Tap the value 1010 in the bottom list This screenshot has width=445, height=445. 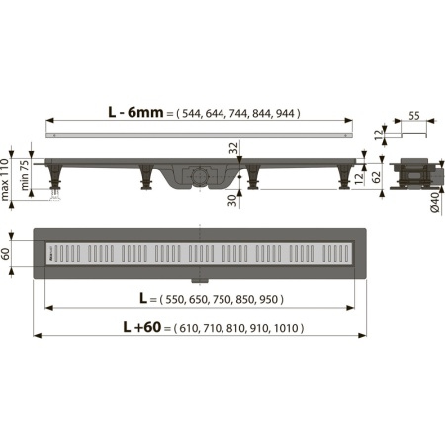click(287, 328)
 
